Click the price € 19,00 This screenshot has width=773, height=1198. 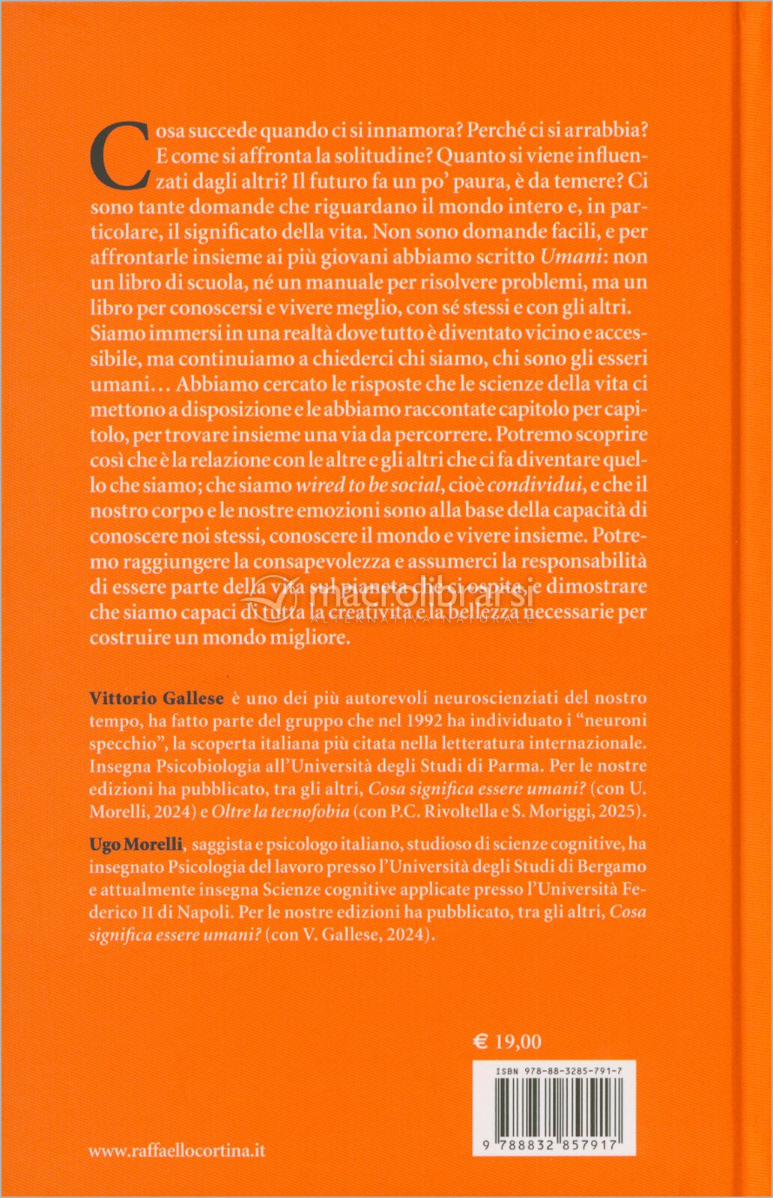point(507,1042)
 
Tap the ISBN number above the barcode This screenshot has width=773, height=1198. point(558,1071)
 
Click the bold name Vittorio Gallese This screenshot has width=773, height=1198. point(157,698)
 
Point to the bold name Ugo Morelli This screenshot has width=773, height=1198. point(136,844)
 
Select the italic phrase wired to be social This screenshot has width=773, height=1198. point(368,485)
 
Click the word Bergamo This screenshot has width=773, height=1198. point(610,866)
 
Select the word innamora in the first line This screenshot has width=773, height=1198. point(409,130)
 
